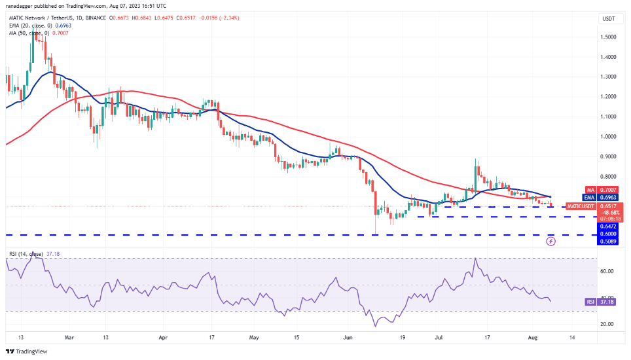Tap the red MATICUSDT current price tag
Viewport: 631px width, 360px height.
coord(608,206)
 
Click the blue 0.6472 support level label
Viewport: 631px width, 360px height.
coord(608,226)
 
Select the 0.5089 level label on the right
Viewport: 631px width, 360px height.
coord(608,240)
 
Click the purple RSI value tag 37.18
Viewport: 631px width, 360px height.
coord(608,302)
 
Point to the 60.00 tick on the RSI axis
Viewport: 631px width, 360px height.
coord(607,271)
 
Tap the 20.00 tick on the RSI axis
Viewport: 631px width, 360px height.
coord(607,324)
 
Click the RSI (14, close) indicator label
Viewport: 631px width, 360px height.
coord(26,253)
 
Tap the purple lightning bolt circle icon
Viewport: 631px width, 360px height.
coord(550,241)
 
